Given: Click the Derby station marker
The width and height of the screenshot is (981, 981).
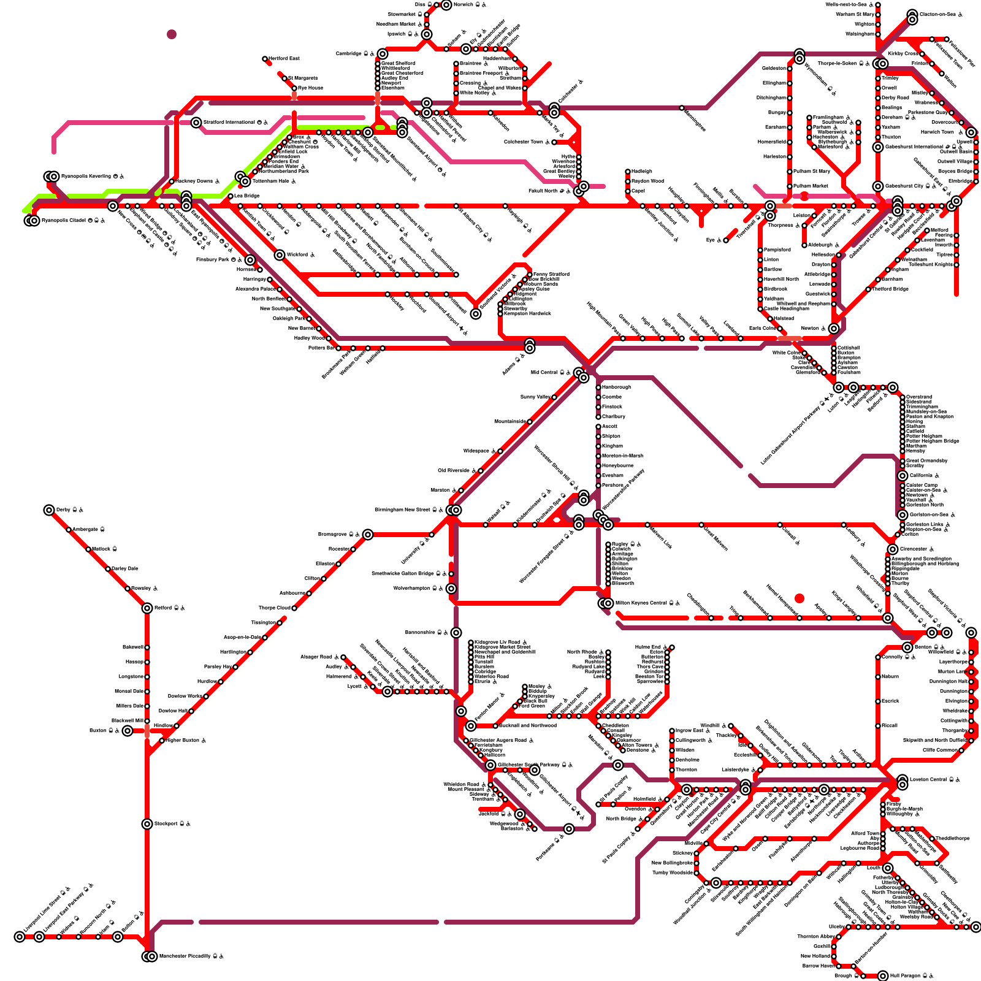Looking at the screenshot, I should click(49, 510).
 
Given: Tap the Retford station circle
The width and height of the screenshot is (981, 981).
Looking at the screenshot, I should click(147, 608).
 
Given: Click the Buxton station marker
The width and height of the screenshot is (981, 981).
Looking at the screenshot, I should click(127, 731).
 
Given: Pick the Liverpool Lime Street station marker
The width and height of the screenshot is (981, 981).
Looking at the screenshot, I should click(20, 937).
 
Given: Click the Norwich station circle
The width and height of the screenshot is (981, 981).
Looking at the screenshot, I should click(446, 5).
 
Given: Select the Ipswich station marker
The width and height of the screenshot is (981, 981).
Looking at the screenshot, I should click(427, 34).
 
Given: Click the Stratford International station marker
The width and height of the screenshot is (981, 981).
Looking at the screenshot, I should click(196, 123).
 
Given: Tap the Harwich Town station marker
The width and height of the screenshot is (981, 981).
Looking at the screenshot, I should click(971, 132).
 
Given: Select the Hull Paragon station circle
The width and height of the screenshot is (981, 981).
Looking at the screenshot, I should click(883, 976).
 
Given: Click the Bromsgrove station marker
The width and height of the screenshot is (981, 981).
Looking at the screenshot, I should click(368, 535).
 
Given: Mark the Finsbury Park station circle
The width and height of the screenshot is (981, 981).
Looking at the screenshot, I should click(250, 260).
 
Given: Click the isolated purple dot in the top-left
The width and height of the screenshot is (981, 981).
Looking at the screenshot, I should click(172, 34).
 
